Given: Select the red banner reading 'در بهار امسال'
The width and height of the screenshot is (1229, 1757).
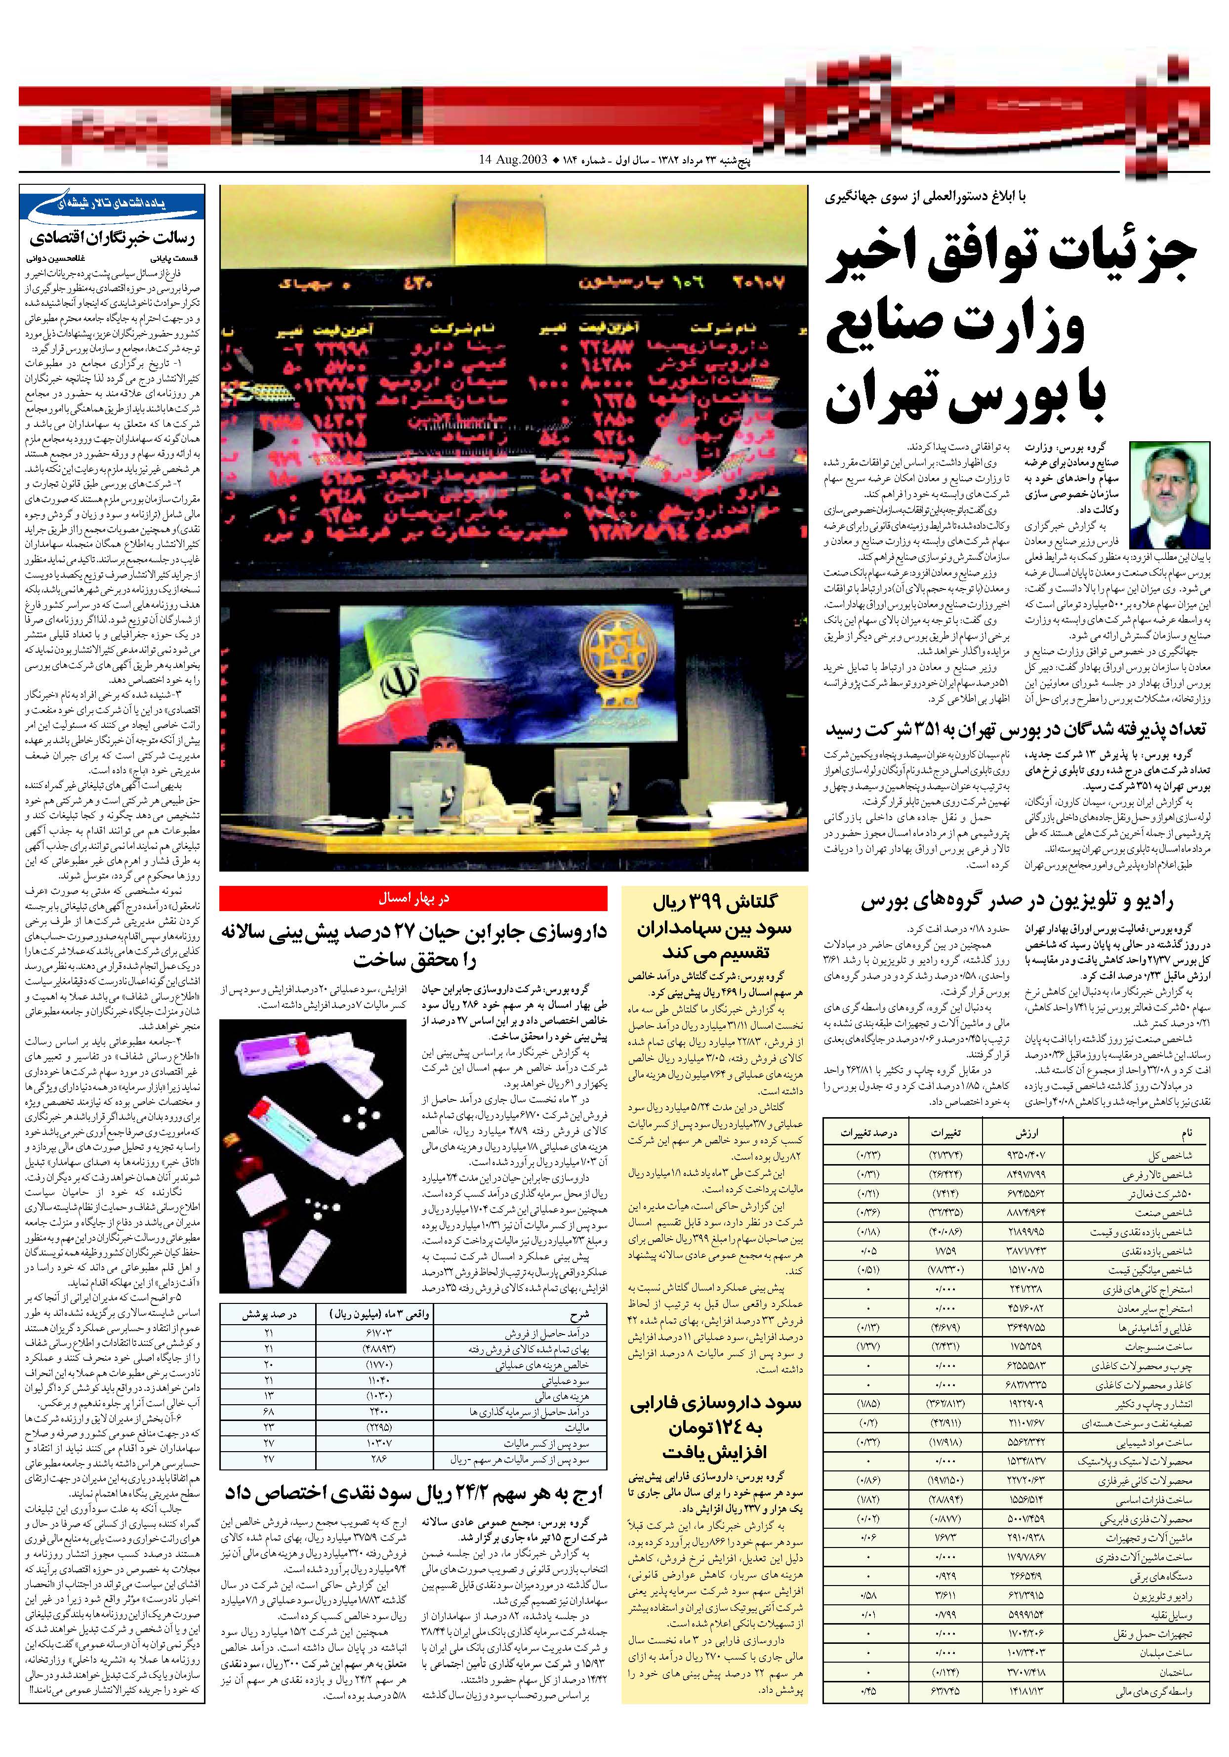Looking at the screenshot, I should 413,898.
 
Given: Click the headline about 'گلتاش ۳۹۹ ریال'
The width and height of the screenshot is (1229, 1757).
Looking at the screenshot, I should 712,927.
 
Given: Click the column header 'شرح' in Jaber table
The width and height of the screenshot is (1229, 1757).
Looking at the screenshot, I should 579,1315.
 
